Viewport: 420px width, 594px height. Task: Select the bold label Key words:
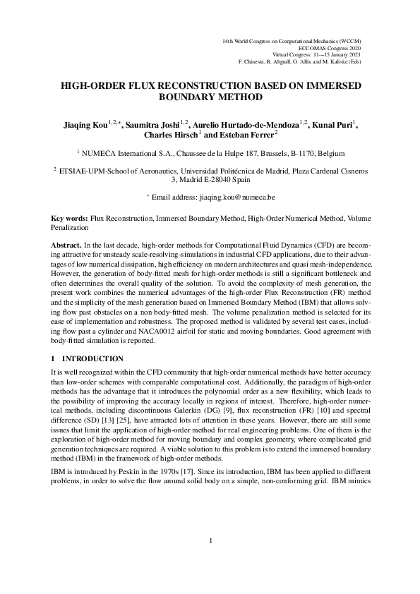[x=71, y=219]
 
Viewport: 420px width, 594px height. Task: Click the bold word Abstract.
[x=68, y=243]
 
